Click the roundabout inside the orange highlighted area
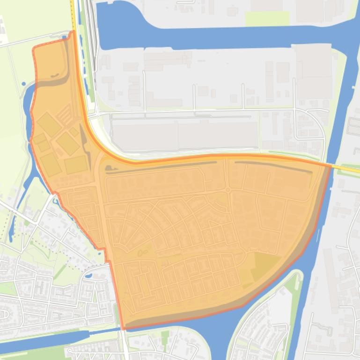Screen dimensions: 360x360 pos(228,190)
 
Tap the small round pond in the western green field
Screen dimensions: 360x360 pos(23,84)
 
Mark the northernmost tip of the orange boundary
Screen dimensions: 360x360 pos(73,31)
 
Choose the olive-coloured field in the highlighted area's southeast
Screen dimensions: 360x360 pos(266,266)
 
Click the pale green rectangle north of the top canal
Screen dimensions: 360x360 pos(267,19)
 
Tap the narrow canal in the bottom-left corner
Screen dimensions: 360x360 pos(42,338)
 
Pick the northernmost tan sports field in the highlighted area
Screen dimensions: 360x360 pos(49,124)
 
